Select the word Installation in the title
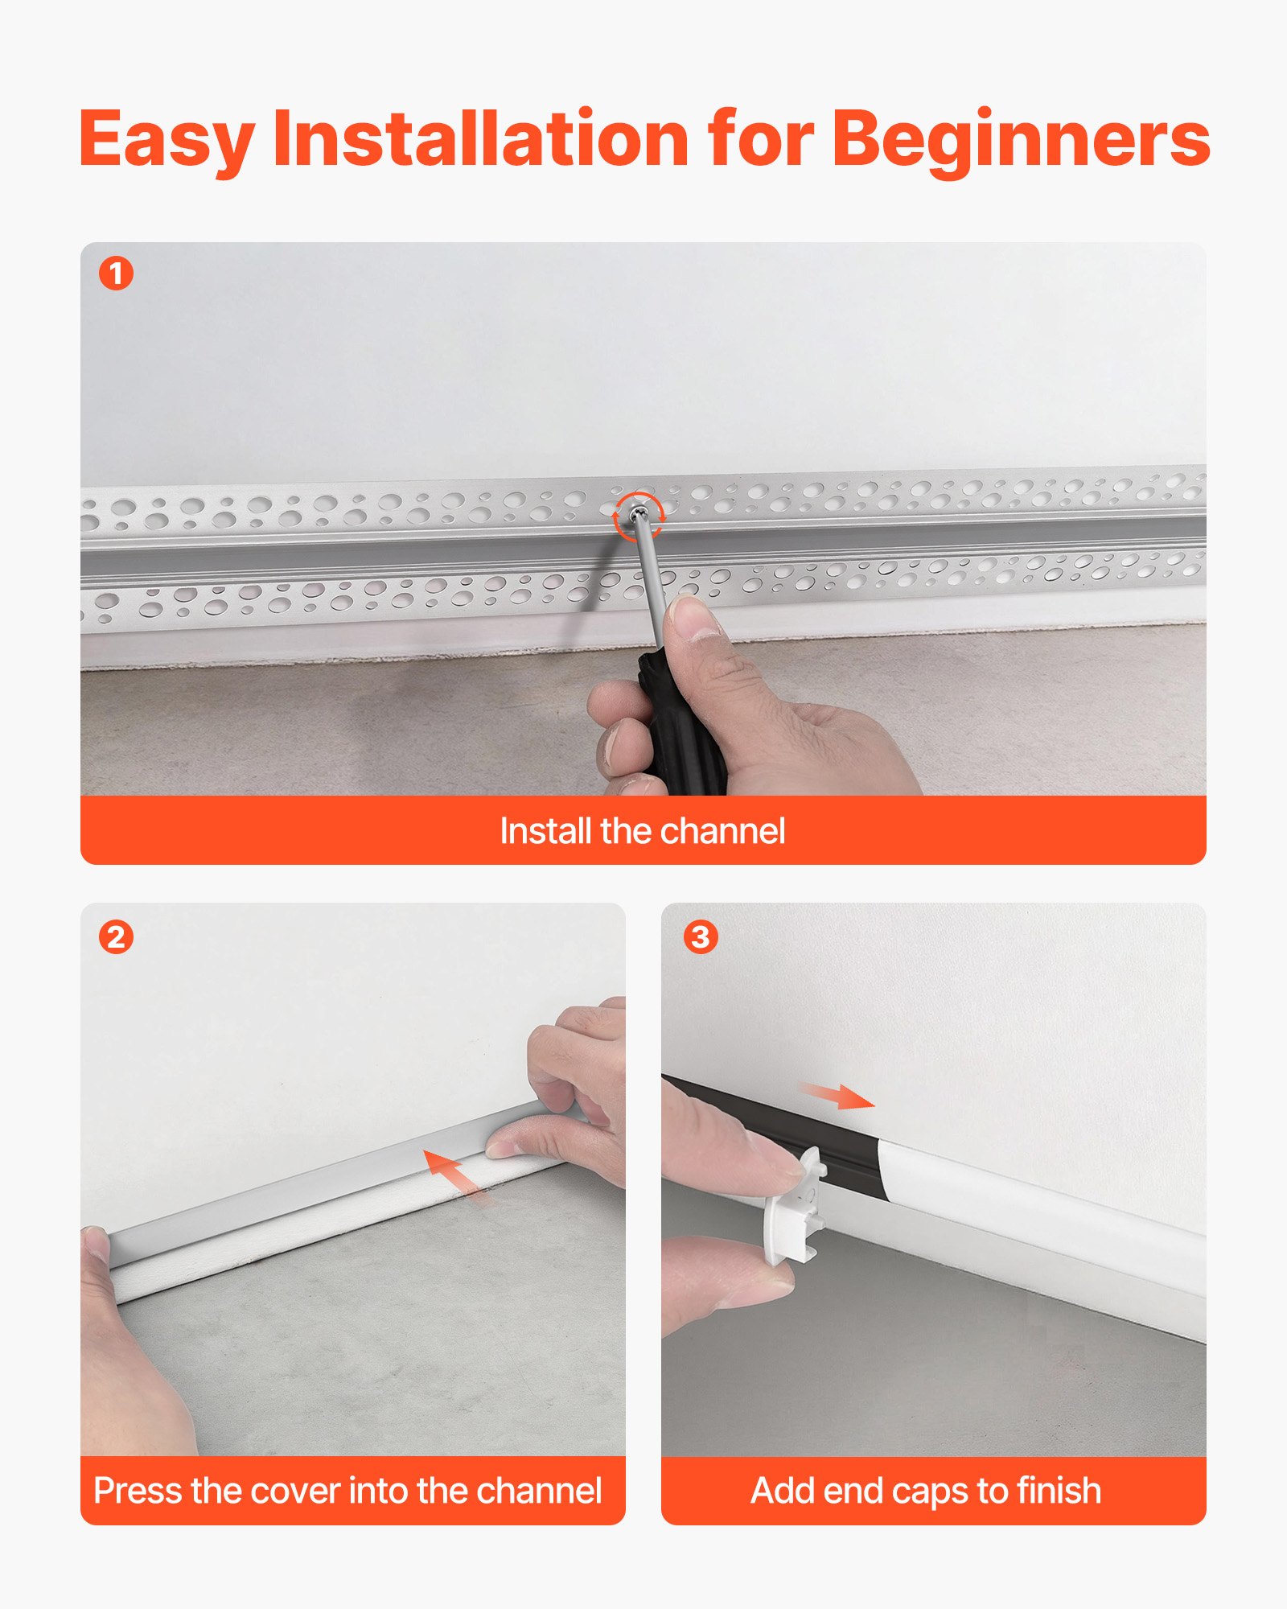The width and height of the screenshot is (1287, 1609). click(480, 139)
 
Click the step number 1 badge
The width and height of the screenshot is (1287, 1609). click(116, 274)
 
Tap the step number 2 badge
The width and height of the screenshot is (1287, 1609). click(116, 937)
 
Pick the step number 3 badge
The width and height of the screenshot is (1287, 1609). click(701, 937)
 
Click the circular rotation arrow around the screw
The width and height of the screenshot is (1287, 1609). click(639, 516)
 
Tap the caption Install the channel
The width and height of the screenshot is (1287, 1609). click(642, 831)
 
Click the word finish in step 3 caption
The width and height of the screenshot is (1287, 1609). click(1059, 1491)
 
